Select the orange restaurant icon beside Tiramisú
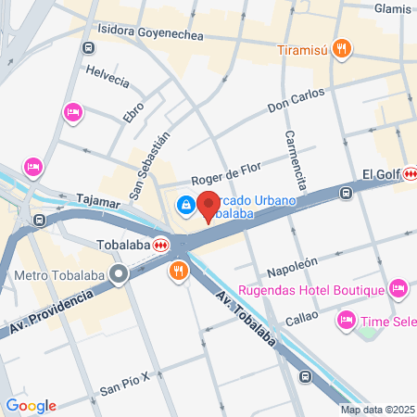point(342,48)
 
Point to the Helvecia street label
point(107,74)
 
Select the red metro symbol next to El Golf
point(409,173)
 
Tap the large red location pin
point(208,203)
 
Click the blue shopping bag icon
point(186,203)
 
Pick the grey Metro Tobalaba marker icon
point(119,274)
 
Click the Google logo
point(31,405)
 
